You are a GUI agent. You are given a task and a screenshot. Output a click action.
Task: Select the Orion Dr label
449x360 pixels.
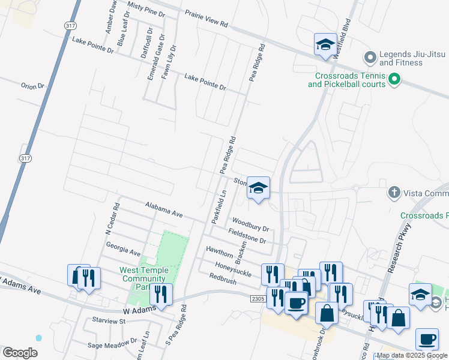pyautogui.click(x=32, y=86)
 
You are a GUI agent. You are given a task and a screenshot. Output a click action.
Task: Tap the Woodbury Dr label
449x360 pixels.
pyautogui.click(x=250, y=224)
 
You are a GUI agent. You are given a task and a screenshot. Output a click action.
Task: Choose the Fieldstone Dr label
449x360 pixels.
pyautogui.click(x=247, y=235)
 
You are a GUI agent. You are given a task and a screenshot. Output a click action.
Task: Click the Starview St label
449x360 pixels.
pyautogui.click(x=106, y=321)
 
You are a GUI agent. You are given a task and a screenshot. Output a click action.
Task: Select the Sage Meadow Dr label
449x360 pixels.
pyautogui.click(x=112, y=344)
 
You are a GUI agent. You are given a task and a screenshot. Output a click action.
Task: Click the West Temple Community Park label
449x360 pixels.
pyautogui.click(x=144, y=278)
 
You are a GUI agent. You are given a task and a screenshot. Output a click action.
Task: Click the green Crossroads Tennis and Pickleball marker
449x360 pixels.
pyautogui.click(x=394, y=79)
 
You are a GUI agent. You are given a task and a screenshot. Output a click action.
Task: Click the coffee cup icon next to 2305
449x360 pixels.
pyautogui.click(x=296, y=302)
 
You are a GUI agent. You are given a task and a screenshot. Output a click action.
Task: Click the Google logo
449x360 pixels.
pyautogui.click(x=20, y=353)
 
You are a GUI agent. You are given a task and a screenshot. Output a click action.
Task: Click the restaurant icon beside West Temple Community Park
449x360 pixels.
pyautogui.click(x=161, y=294)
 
